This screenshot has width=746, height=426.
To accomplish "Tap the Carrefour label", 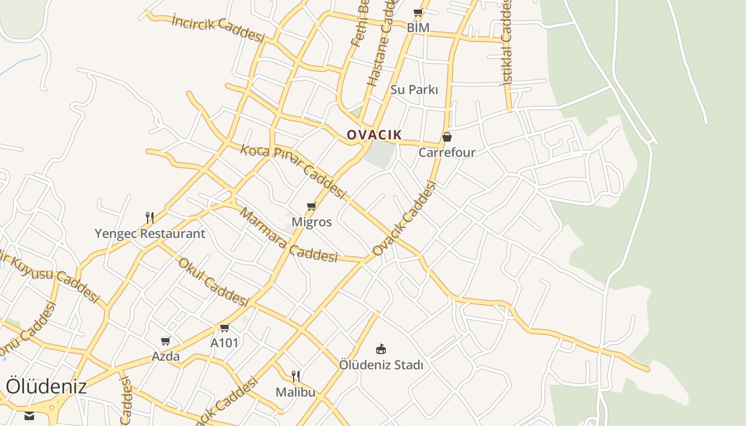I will (x=447, y=152).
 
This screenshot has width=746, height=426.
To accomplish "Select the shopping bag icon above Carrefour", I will (x=447, y=137).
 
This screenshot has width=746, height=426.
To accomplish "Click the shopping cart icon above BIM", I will (x=418, y=12).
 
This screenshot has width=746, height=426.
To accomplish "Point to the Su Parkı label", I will (x=414, y=89).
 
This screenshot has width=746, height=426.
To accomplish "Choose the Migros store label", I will (x=312, y=222).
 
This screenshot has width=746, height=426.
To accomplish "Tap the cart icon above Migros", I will (x=312, y=206).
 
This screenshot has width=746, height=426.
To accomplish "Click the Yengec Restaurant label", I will (x=150, y=233).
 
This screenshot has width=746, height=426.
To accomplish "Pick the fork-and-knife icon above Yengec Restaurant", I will (x=150, y=217).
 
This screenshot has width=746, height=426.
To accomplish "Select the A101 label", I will (x=224, y=343).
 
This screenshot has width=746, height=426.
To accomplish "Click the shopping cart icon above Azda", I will (x=166, y=341).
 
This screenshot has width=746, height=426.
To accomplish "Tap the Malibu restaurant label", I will (x=295, y=392).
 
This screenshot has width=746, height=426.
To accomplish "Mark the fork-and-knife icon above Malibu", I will (x=296, y=376).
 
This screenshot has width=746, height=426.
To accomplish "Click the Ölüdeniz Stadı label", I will (x=381, y=365).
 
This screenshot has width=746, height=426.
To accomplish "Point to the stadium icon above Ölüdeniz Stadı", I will (x=381, y=349).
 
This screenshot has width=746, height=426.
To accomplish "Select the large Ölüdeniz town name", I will (x=46, y=387).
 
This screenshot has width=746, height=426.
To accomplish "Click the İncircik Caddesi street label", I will (x=218, y=28).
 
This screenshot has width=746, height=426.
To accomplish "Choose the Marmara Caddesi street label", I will (x=288, y=236).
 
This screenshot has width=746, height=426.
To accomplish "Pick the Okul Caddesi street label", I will (x=213, y=282).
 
